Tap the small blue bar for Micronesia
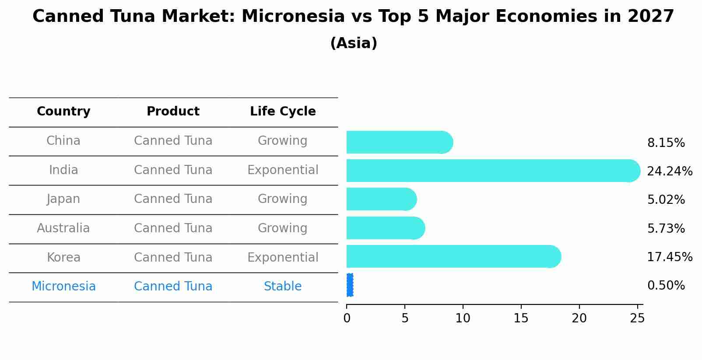point(350,285)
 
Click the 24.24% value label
point(669,171)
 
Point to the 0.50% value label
point(666,286)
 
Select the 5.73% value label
point(666,228)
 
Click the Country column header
point(63,112)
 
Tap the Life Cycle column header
point(283,112)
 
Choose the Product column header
point(173,112)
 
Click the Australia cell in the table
point(63,228)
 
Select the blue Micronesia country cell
point(63,287)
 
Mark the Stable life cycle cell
point(283,287)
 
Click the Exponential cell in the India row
point(283,170)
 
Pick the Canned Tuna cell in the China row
point(173,141)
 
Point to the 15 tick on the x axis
point(521,318)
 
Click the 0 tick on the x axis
point(347,318)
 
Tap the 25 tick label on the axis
point(637,318)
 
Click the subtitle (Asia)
point(354,43)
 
